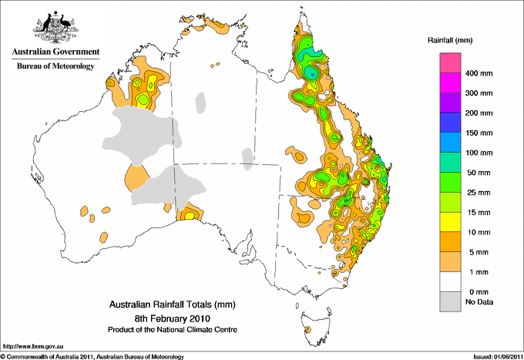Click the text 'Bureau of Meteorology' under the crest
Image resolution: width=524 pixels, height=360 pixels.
point(55,67)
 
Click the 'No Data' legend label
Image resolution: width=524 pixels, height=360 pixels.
point(478,301)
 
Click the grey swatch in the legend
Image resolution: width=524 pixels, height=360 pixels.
point(450,301)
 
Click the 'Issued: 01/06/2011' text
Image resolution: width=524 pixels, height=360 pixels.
point(497,356)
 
